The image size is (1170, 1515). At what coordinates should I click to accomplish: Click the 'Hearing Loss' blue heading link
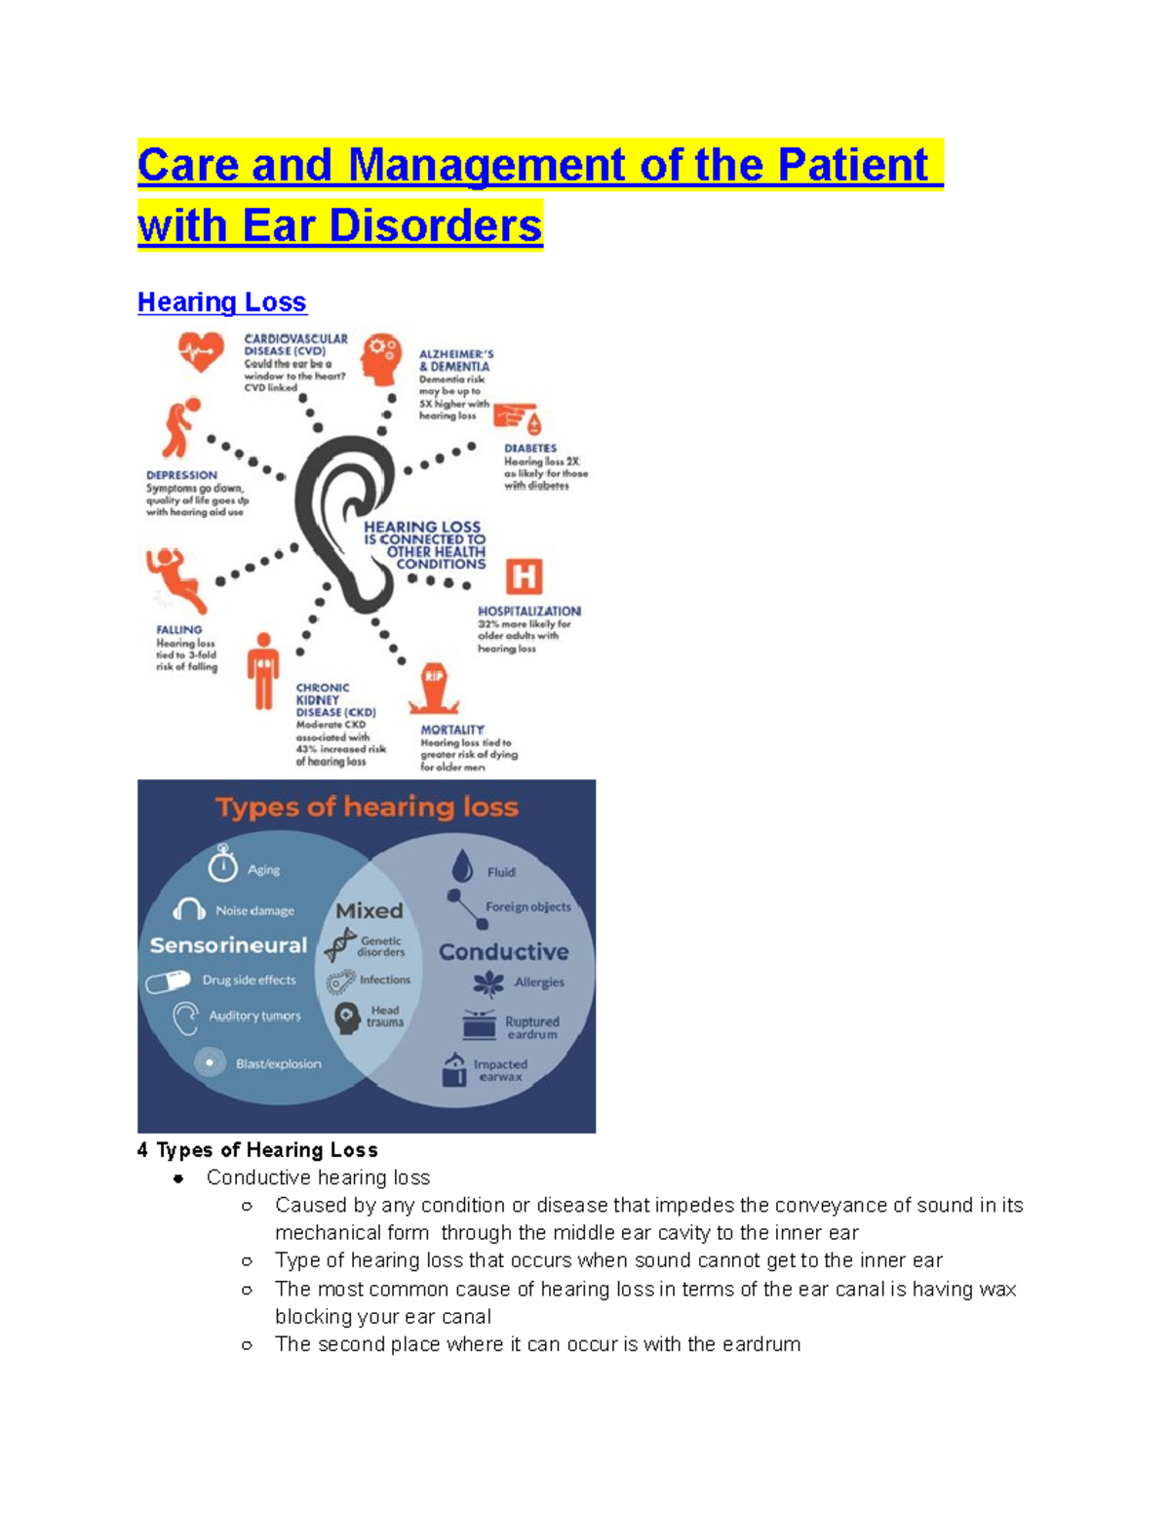pos(221,302)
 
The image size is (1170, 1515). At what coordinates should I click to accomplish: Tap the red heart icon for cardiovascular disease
pos(201,350)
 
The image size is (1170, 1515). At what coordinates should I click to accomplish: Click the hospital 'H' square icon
pos(524,577)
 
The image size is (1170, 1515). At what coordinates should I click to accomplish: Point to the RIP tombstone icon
pos(433,688)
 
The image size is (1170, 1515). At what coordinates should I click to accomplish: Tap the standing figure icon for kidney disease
pos(262,670)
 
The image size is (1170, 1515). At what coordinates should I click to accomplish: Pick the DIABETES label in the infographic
pos(530,449)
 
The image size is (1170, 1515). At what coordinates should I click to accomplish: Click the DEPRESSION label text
pos(181,475)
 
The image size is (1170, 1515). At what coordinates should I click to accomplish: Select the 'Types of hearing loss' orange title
pos(367,807)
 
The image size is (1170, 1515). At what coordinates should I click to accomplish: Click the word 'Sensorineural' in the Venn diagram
pos(228,945)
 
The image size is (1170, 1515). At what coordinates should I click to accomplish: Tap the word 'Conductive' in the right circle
pos(503,951)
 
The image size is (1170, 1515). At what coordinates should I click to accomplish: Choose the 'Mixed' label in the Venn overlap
pos(369,910)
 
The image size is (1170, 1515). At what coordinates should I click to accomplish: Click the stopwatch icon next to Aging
pos(223,863)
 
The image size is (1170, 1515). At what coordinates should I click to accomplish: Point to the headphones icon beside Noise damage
pos(188,910)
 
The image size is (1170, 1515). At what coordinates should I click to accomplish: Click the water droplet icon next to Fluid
pos(462,865)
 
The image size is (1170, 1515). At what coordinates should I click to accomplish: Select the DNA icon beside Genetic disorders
pos(340,944)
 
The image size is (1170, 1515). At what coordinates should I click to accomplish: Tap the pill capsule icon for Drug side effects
pos(168,981)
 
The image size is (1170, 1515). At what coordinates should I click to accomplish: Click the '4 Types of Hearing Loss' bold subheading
pos(257,1150)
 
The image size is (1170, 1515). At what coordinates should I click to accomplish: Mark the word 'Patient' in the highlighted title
pos(852,165)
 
